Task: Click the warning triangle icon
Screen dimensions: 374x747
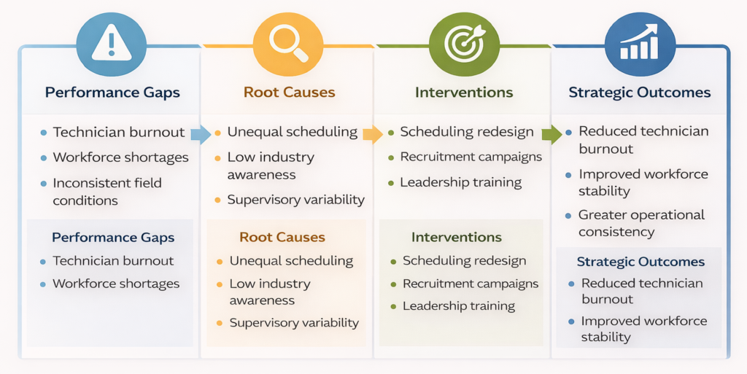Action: (111, 43)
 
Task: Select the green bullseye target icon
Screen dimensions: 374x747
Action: (464, 43)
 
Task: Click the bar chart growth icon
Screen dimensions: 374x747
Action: (639, 43)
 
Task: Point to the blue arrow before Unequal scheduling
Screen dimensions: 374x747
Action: (200, 134)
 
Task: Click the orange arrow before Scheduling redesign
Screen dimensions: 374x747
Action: (372, 134)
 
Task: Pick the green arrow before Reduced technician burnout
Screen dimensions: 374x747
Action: (552, 134)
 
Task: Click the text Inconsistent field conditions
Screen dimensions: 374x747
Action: (107, 192)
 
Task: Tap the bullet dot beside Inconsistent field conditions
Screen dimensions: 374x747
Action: (44, 184)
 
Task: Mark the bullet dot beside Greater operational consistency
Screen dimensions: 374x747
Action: (568, 216)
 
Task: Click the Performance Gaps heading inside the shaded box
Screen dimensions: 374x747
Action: (113, 238)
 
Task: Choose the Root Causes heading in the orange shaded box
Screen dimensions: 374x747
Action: (282, 238)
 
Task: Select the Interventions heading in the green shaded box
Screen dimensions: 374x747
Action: (457, 238)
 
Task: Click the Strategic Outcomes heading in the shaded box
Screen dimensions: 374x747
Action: (640, 262)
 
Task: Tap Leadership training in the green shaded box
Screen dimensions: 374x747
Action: (459, 306)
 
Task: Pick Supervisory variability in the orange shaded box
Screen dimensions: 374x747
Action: (294, 322)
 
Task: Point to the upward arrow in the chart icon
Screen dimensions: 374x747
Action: (648, 33)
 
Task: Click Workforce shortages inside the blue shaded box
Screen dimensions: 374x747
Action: (116, 284)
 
